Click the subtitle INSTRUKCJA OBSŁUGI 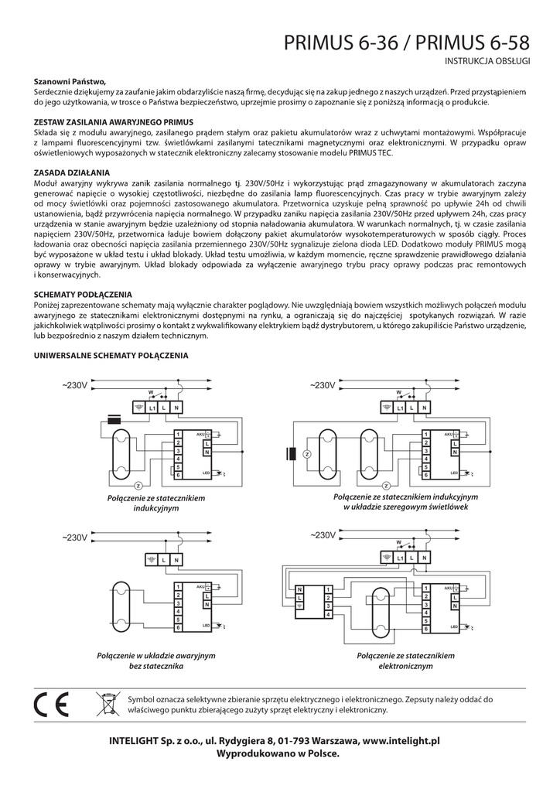pos(487,60)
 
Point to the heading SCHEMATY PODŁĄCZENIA pos(83,295)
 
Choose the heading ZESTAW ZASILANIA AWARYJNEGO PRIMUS pos(113,122)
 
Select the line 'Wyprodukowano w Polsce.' pos(278,753)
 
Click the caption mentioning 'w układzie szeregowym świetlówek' pos(406,501)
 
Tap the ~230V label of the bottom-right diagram pos(323,534)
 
